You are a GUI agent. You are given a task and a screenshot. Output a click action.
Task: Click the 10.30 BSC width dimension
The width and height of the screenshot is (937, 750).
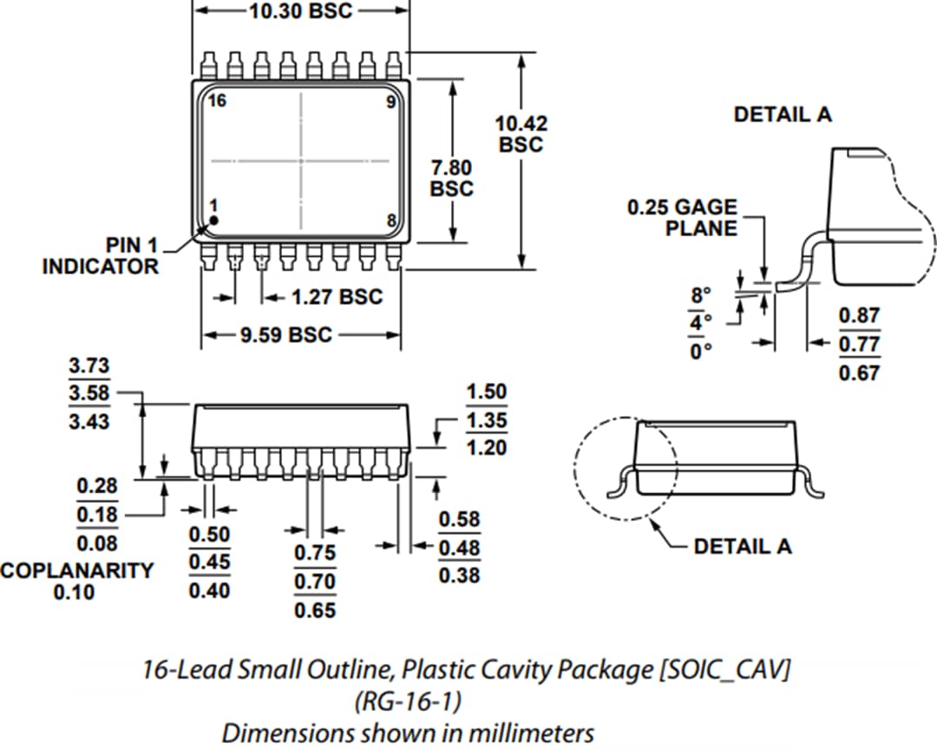pyautogui.click(x=302, y=12)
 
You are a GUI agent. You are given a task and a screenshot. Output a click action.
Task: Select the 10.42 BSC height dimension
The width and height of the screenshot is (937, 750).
pyautogui.click(x=521, y=134)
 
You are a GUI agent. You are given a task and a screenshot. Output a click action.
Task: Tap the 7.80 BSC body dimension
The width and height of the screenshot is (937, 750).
pyautogui.click(x=452, y=177)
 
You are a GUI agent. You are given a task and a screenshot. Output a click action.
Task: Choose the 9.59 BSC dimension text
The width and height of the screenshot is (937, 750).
pyautogui.click(x=286, y=335)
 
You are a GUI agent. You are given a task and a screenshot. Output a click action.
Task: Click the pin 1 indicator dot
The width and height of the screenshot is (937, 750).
pyautogui.click(x=213, y=220)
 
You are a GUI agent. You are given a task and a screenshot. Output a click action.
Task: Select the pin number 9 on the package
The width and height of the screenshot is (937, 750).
pyautogui.click(x=390, y=102)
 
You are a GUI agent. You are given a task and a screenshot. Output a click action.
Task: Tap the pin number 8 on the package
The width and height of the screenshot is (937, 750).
pyautogui.click(x=391, y=220)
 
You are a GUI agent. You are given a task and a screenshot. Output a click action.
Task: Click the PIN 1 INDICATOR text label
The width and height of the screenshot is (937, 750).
pyautogui.click(x=101, y=256)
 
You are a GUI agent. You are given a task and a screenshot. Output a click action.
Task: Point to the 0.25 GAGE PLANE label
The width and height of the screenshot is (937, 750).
pyautogui.click(x=682, y=218)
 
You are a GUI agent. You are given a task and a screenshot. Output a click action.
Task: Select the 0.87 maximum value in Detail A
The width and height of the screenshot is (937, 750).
pyautogui.click(x=859, y=316)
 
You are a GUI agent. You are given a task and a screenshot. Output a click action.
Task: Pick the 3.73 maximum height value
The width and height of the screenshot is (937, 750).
pyautogui.click(x=90, y=366)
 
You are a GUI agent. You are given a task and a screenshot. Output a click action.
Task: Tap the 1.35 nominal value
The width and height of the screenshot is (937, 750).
pyautogui.click(x=486, y=421)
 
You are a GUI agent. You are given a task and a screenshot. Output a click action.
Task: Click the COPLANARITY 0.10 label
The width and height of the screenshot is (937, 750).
pyautogui.click(x=76, y=582)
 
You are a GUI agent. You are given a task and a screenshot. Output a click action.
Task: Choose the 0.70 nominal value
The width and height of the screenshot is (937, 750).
pyautogui.click(x=315, y=582)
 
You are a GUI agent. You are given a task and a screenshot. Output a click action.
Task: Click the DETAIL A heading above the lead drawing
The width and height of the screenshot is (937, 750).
pyautogui.click(x=783, y=115)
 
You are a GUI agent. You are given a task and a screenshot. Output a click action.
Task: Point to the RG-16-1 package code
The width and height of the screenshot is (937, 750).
pyautogui.click(x=408, y=701)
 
